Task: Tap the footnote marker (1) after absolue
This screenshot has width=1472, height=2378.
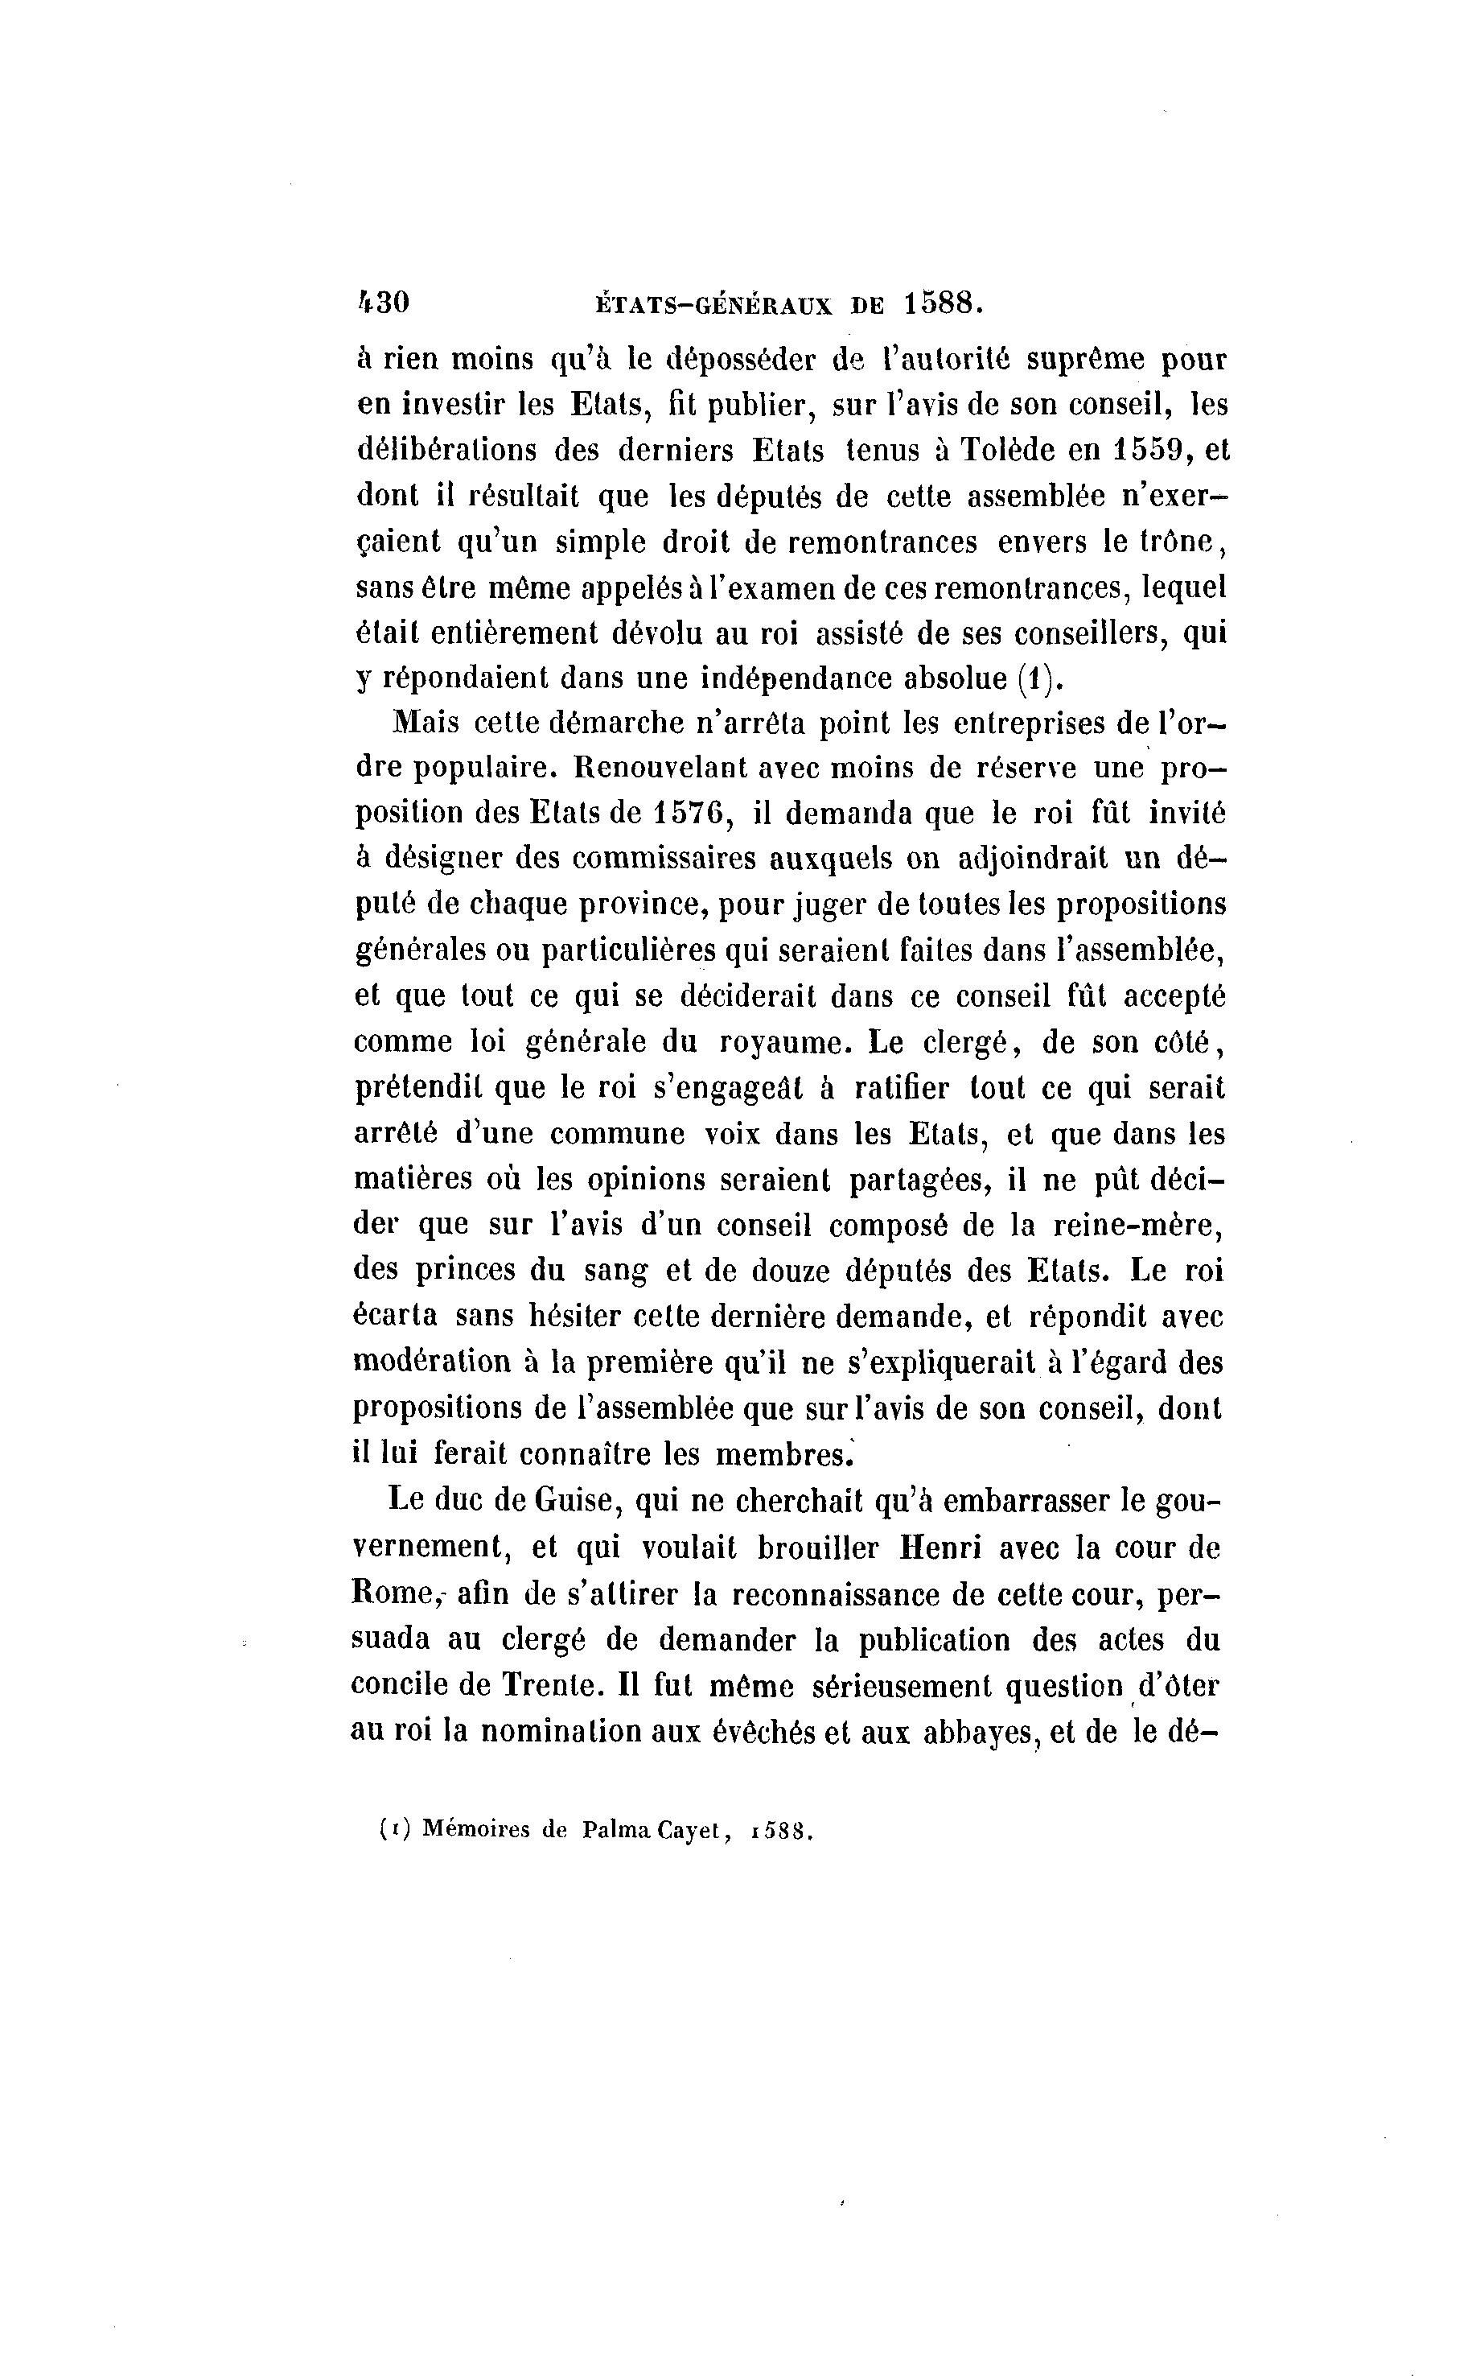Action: click(x=1036, y=678)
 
